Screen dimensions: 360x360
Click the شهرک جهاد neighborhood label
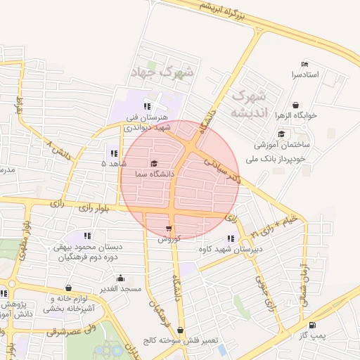coord(162,72)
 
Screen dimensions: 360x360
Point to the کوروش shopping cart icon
coord(169,229)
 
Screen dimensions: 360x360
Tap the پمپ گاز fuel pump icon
coord(312,325)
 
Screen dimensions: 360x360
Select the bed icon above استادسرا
coord(304,64)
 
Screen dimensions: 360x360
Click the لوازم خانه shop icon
coord(68,288)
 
